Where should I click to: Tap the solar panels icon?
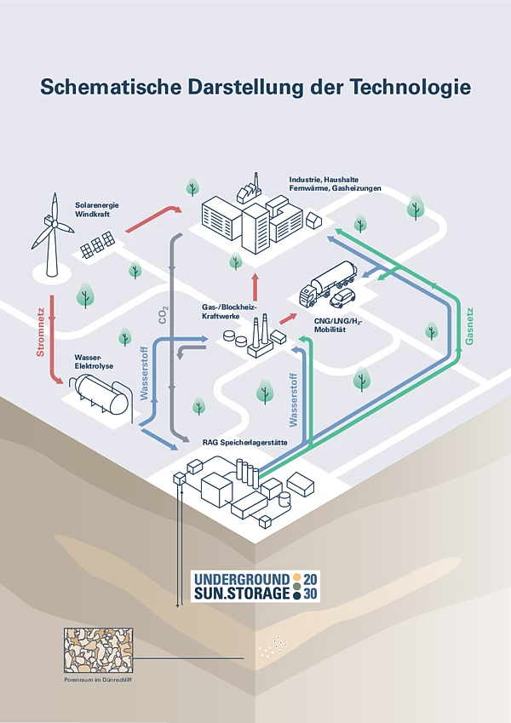[98, 246]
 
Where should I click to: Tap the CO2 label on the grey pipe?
[164, 316]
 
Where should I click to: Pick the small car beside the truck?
[343, 298]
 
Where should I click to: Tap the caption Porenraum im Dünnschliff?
[98, 680]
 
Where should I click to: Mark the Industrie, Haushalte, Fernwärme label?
[335, 184]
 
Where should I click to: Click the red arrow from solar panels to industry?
[153, 218]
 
